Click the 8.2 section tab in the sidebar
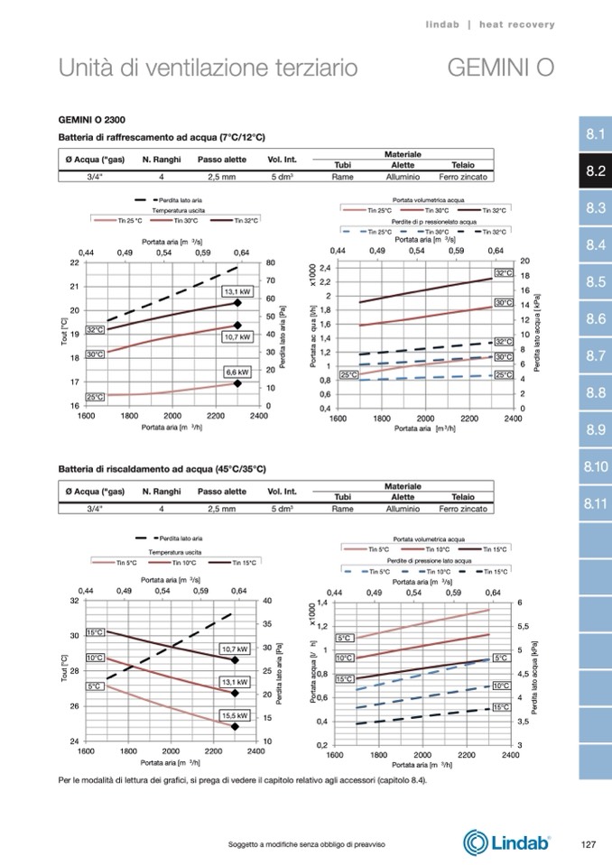click(594, 171)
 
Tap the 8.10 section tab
click(594, 467)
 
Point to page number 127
click(588, 843)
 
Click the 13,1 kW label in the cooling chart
click(236, 291)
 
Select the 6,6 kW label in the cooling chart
click(236, 372)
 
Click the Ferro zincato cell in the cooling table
click(463, 178)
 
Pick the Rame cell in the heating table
click(342, 509)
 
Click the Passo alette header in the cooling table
click(222, 160)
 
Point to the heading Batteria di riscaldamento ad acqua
click(162, 469)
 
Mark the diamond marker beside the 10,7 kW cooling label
click(237, 326)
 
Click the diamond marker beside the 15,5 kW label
click(235, 726)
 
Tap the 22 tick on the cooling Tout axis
click(74, 262)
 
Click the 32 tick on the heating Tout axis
click(74, 600)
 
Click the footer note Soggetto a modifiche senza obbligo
click(307, 843)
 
